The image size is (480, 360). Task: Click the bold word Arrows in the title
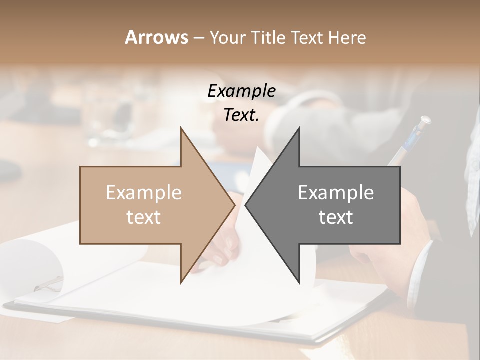(156, 37)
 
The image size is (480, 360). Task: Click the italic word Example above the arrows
(241, 91)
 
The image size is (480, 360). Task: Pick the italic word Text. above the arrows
(241, 115)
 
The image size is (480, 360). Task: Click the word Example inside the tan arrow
(143, 192)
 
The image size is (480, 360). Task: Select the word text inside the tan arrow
(143, 217)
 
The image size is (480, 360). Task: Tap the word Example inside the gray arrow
(336, 192)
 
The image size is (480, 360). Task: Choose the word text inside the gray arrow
(336, 217)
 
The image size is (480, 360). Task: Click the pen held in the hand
(407, 145)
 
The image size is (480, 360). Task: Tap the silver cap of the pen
(424, 121)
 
